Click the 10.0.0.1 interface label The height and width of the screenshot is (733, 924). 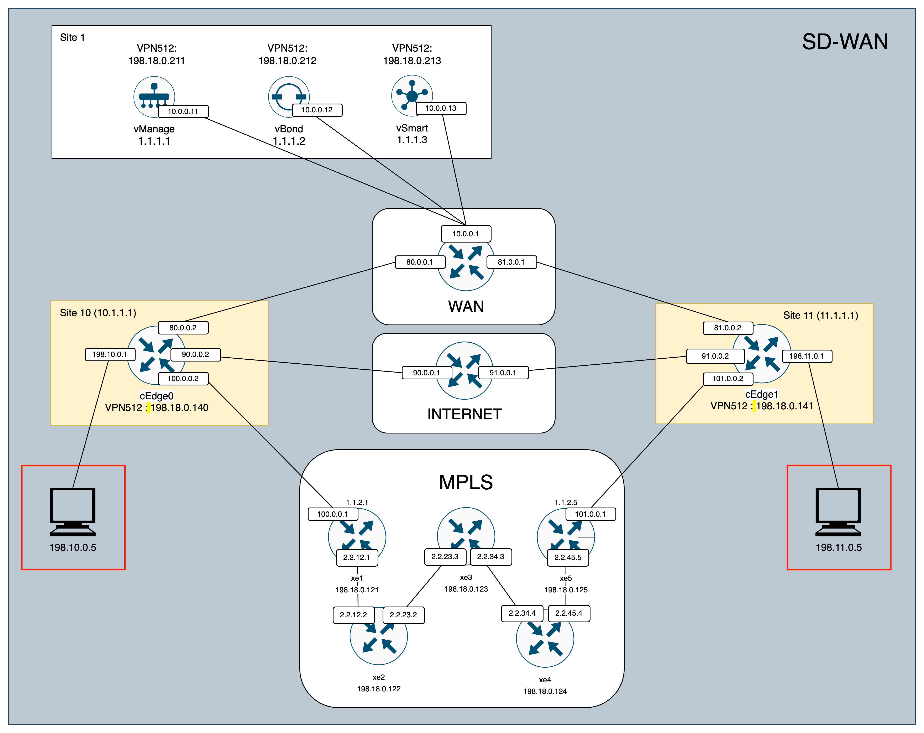466,234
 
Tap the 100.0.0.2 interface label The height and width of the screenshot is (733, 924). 183,379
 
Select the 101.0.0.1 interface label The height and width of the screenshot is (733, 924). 590,514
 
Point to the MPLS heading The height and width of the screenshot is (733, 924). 466,482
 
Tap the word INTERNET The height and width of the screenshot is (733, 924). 464,414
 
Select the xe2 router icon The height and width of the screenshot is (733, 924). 378,639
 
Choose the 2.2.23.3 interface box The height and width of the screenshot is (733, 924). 445,556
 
